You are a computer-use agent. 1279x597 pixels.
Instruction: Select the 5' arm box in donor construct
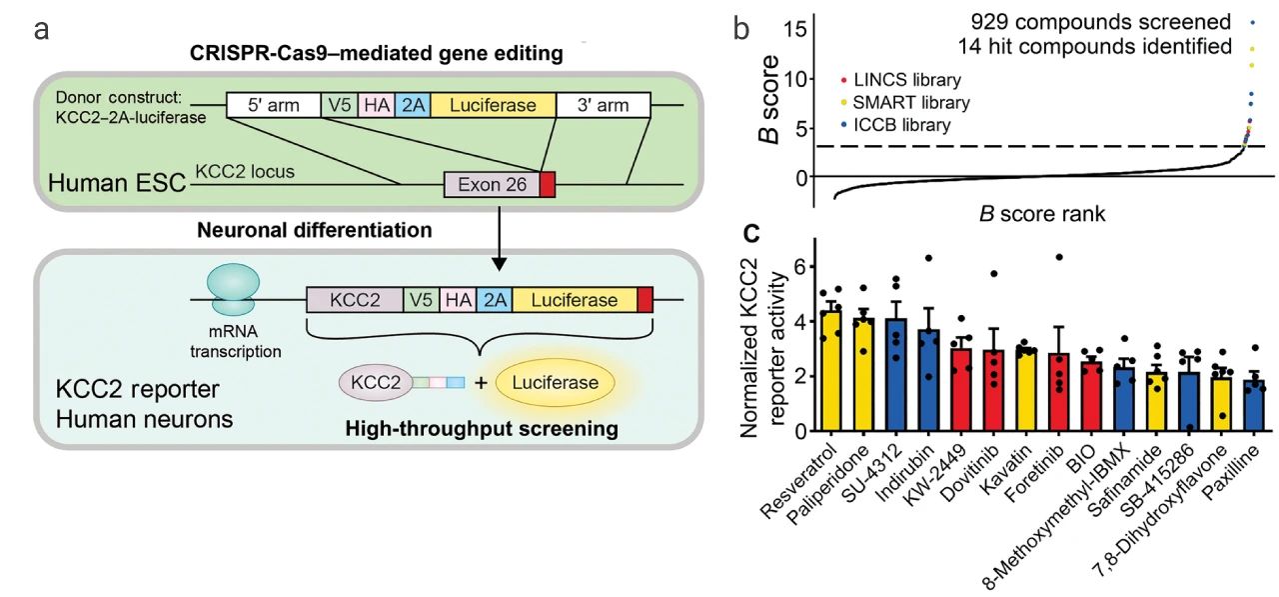(273, 105)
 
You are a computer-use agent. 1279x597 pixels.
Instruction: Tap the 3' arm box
(603, 105)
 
